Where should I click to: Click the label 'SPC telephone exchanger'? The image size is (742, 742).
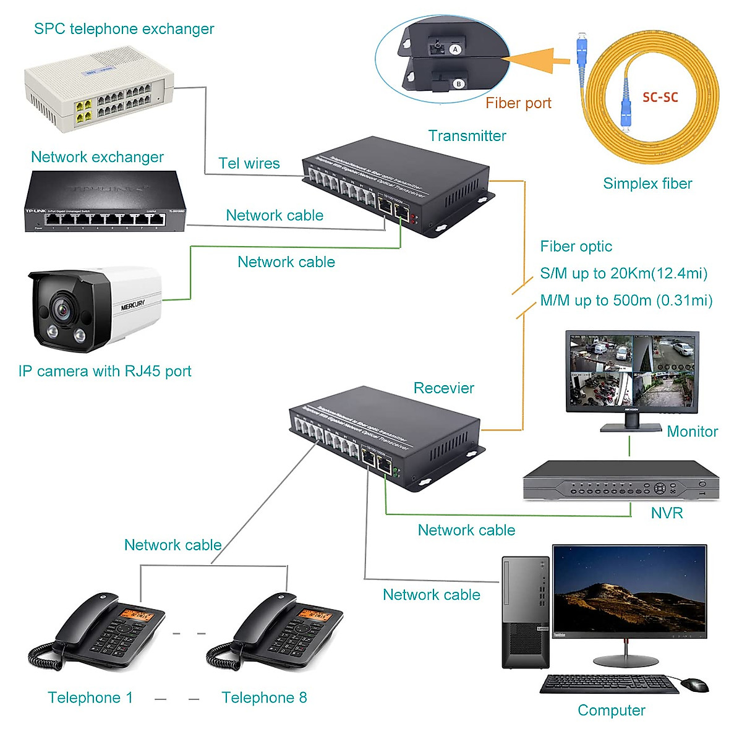(124, 29)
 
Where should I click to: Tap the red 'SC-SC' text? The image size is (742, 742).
(660, 97)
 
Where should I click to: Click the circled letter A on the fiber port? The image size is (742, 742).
(456, 49)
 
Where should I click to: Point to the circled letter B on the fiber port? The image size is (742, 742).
(459, 83)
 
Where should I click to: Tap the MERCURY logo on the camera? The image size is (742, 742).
(132, 305)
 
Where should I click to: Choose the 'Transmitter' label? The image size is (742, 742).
(467, 136)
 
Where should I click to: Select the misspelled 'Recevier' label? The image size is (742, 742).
(443, 388)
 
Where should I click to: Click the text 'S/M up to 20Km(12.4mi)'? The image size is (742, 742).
(623, 273)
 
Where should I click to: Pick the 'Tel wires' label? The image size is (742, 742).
(249, 164)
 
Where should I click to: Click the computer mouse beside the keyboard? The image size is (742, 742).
(694, 684)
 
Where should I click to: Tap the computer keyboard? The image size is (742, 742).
(608, 684)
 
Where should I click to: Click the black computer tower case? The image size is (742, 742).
(525, 612)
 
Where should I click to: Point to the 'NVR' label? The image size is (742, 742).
(667, 513)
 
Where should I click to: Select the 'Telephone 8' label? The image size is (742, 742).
(264, 698)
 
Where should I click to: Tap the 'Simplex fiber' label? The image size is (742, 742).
(647, 184)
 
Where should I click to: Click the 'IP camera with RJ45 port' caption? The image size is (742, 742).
(104, 372)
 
